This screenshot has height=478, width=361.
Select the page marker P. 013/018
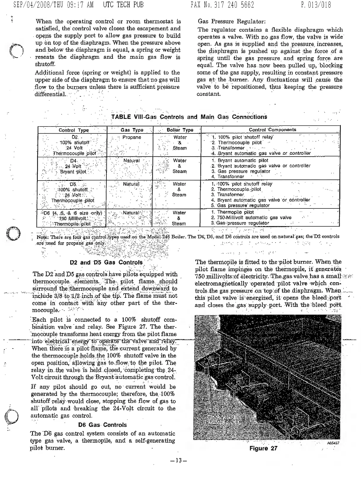[315, 5]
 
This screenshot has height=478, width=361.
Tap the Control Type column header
[74, 130]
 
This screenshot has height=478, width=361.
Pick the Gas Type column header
[132, 130]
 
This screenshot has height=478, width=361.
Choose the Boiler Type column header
[180, 130]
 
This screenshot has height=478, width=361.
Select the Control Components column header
[272, 130]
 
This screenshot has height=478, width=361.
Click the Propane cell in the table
[132, 137]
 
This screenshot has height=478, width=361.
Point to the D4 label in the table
[74, 161]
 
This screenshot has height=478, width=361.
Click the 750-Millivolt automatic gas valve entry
[254, 218]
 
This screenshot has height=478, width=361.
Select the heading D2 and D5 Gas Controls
[106, 262]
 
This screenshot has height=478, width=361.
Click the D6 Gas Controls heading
[102, 425]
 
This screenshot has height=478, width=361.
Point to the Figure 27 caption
[263, 448]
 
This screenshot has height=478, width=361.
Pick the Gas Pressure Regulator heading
[231, 21]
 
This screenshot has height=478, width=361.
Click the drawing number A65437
[333, 443]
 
